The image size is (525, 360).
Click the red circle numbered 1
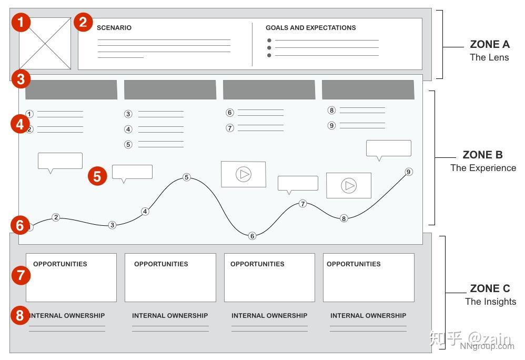point(21,22)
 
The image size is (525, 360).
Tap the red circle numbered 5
point(97,176)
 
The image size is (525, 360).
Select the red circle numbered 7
point(21,275)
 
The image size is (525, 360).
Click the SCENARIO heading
point(114,28)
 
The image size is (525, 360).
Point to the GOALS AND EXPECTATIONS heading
point(311,28)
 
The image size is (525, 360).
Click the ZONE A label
point(490,44)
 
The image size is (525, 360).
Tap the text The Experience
point(483,168)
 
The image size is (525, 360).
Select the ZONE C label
point(490,288)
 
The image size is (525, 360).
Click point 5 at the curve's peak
point(187,177)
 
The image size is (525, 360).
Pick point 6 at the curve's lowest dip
point(253,236)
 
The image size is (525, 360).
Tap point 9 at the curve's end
point(409,172)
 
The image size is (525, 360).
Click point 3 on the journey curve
point(113,225)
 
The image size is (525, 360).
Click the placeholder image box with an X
point(45,44)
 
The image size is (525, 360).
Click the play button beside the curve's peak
point(244,174)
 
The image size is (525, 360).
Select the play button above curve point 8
point(349,185)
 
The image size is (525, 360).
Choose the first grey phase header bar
point(72,90)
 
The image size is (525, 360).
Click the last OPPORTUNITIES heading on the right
point(354,264)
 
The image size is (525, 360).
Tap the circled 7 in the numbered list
point(230,128)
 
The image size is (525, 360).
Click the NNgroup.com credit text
point(487,346)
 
